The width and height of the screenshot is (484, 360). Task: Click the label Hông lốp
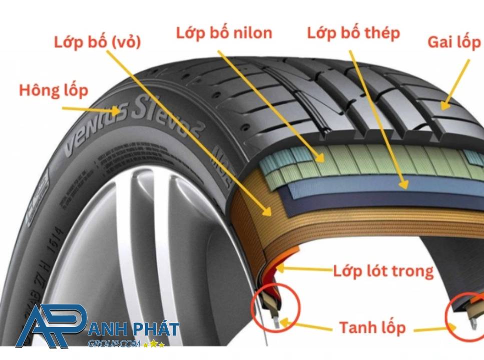click(54, 90)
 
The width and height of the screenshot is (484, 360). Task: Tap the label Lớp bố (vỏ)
click(98, 42)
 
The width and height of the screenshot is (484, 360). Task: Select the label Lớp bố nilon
click(224, 33)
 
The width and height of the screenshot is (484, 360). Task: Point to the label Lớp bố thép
click(353, 33)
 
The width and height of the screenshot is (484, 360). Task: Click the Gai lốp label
click(454, 42)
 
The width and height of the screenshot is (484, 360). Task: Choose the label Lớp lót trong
click(383, 271)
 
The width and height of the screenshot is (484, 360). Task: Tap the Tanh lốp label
click(372, 328)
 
